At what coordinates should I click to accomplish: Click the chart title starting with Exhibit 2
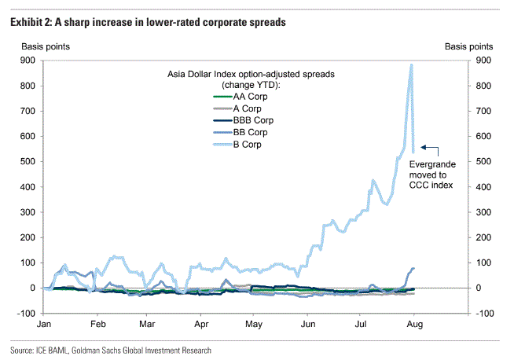click(x=147, y=22)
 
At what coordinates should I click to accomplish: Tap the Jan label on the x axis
click(x=45, y=323)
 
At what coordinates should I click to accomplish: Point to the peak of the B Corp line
click(x=411, y=64)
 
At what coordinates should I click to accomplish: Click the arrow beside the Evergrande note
click(x=429, y=146)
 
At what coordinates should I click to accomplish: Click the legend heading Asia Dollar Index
click(x=251, y=74)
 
